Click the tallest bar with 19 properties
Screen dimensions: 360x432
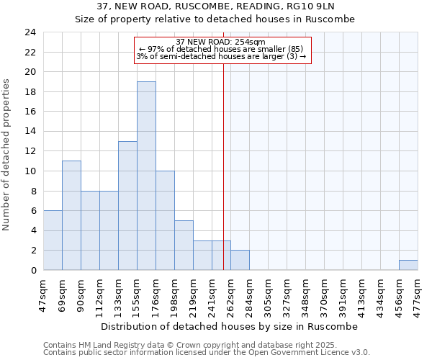pos(146,176)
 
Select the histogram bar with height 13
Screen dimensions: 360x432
pos(127,205)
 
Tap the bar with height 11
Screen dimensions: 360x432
pos(71,215)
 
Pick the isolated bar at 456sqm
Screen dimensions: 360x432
pos(408,265)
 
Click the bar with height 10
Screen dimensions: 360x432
pos(165,220)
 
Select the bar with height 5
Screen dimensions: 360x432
pos(184,245)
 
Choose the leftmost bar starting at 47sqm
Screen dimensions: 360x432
pos(53,240)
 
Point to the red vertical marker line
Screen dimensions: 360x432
pos(223,166)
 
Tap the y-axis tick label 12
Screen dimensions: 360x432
pos(30,151)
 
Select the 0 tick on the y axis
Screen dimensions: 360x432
pos(33,270)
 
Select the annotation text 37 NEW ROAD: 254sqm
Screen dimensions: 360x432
pos(221,42)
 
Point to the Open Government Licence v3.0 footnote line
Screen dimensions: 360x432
pos(207,353)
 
